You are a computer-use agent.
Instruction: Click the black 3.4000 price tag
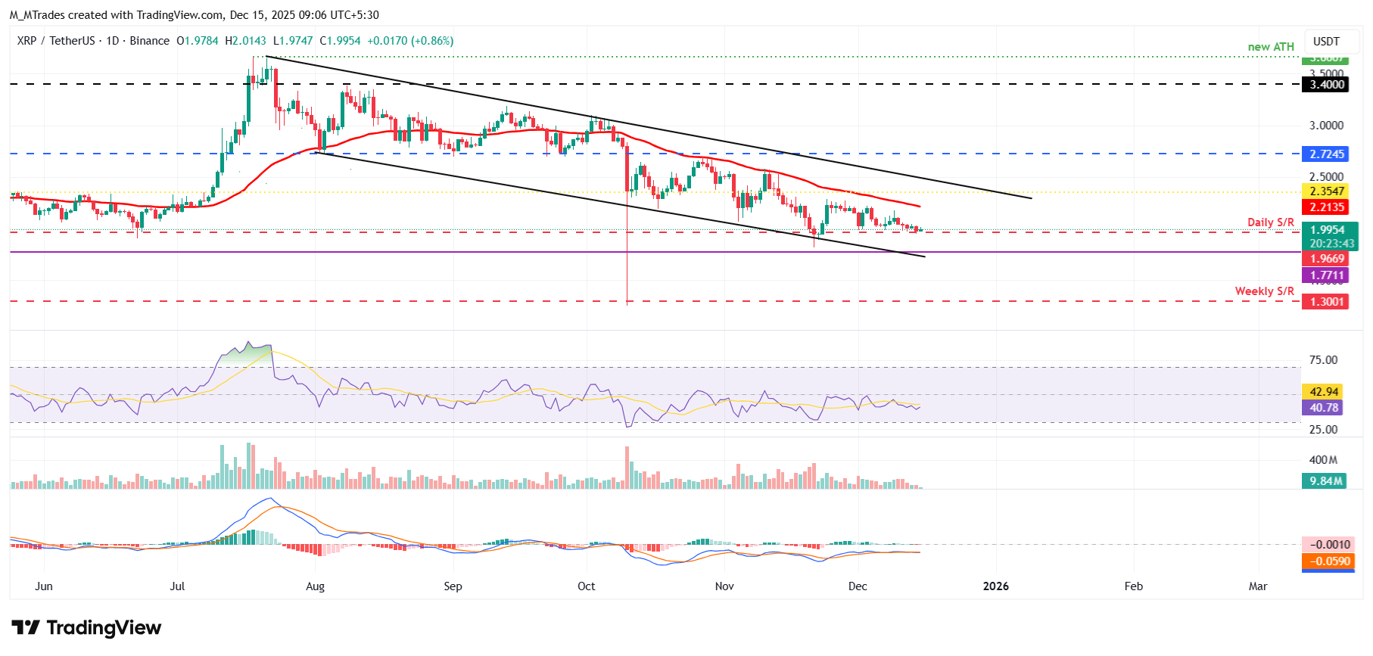(x=1328, y=85)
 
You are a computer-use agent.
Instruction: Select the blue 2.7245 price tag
(x=1328, y=154)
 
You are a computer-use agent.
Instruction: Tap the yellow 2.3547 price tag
(x=1328, y=191)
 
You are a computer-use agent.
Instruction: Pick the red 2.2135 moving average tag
(x=1328, y=207)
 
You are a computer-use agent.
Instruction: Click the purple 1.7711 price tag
(x=1328, y=275)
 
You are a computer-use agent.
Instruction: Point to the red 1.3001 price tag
(x=1328, y=302)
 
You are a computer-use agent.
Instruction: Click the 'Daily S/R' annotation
(x=1270, y=222)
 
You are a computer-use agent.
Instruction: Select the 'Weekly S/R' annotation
(x=1264, y=291)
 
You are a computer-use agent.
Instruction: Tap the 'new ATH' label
(x=1271, y=47)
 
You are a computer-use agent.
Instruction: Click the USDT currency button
(x=1326, y=42)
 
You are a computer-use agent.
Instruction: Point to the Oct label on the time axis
(x=586, y=586)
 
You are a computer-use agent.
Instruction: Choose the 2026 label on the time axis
(x=995, y=586)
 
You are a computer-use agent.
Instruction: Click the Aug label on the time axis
(x=315, y=586)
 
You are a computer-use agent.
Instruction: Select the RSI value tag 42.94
(x=1325, y=392)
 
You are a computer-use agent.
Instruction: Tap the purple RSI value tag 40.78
(x=1325, y=408)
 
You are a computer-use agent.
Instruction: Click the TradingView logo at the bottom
(x=86, y=628)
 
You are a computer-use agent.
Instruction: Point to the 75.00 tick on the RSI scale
(x=1323, y=360)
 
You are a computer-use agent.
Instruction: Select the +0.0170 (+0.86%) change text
(x=410, y=41)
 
